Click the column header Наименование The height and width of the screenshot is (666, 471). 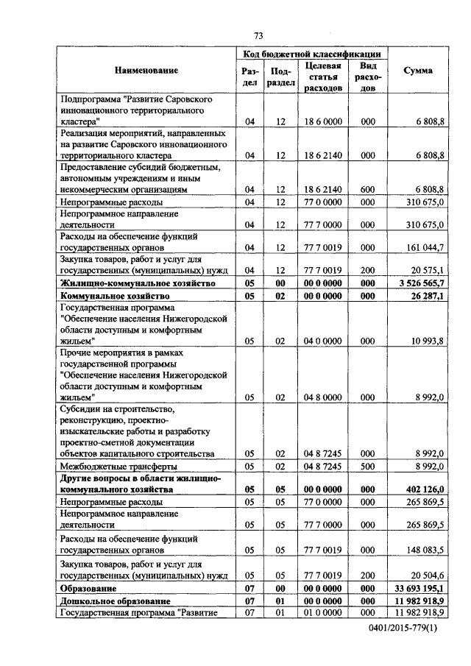(146, 70)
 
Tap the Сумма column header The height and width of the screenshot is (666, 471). (419, 70)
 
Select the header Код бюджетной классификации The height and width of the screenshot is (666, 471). (312, 54)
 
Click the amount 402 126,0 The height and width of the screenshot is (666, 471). (422, 489)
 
